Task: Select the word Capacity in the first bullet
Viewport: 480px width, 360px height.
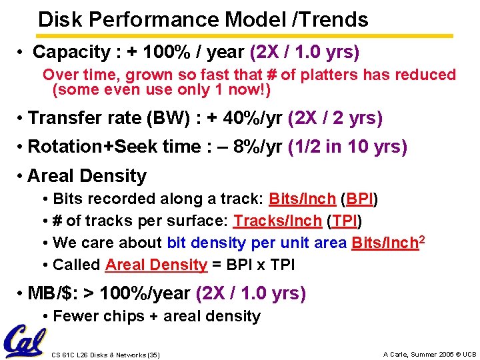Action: pos(72,52)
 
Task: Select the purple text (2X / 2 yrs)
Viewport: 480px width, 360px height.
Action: pos(335,119)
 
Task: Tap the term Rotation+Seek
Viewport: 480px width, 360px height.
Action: pos(81,147)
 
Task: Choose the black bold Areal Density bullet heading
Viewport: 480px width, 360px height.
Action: pos(87,176)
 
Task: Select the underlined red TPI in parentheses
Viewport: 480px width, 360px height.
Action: pos(346,221)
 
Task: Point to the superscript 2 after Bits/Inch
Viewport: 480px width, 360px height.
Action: pos(421,239)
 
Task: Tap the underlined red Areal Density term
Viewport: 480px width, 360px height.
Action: pos(156,265)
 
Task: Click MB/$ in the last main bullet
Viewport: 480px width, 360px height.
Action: pos(50,293)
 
